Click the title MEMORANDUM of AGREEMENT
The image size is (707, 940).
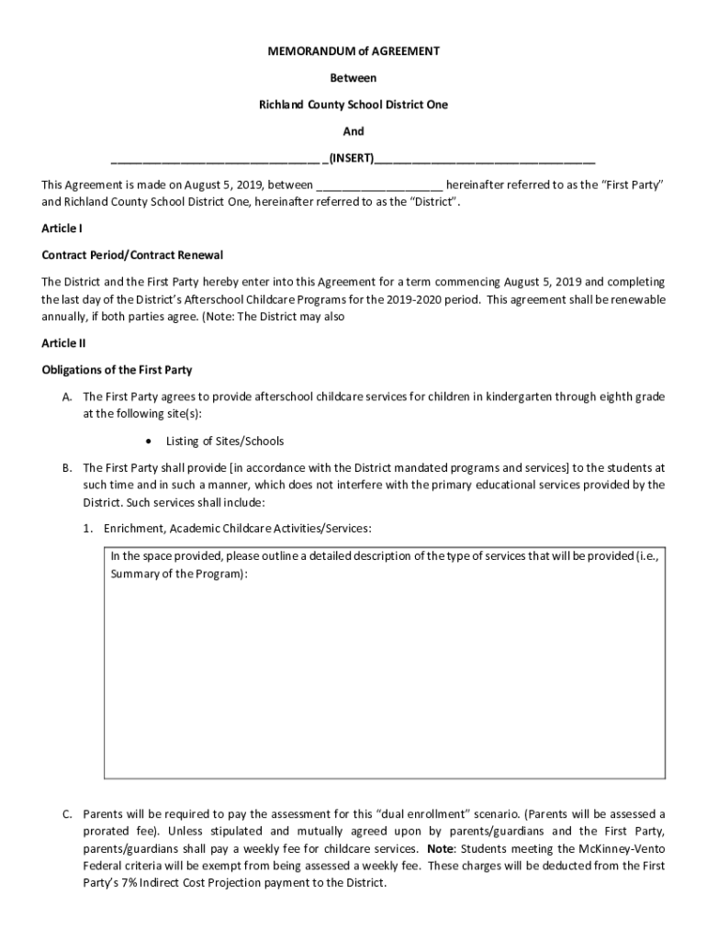tap(353, 51)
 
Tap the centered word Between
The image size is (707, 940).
tap(353, 78)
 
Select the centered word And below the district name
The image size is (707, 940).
tap(353, 131)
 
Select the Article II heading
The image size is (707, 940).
tap(63, 342)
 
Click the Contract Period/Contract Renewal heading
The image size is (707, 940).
tap(132, 254)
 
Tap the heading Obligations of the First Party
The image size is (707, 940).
tap(117, 370)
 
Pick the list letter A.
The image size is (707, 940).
tap(67, 397)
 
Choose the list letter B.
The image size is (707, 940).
tap(67, 467)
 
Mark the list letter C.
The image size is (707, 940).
tap(67, 814)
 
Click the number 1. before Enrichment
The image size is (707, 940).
tap(89, 529)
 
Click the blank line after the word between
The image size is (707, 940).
tap(379, 185)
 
